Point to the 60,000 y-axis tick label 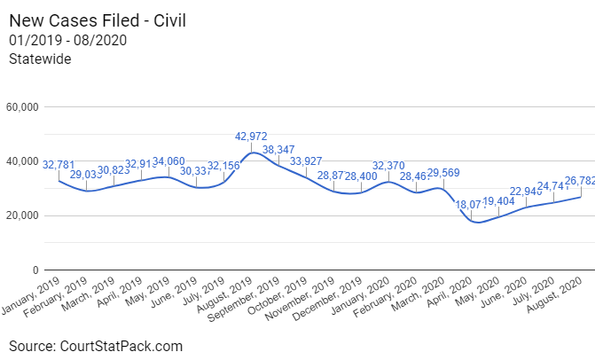[22, 107]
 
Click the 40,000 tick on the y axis [22, 161]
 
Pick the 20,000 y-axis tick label [22, 215]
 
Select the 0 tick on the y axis [35, 270]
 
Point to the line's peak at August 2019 [253, 153]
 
